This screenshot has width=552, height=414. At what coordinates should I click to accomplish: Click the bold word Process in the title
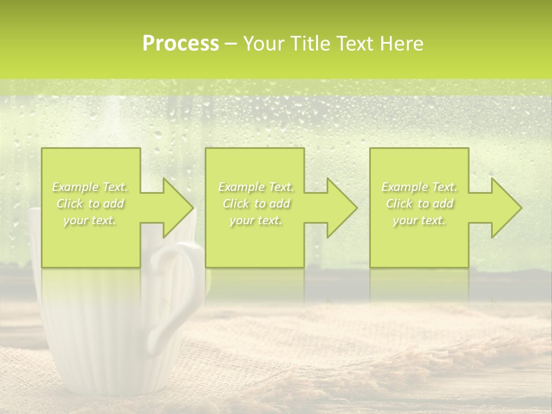point(181,44)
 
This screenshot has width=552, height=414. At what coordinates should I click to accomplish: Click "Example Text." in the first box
point(90,187)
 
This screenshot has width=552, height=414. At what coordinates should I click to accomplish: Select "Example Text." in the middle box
point(256,187)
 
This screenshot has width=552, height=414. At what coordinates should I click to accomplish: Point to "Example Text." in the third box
point(419,187)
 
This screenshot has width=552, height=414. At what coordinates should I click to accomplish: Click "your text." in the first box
point(90,220)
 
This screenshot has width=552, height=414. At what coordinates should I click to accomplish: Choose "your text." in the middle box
point(255,220)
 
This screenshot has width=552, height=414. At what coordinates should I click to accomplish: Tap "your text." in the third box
point(419,220)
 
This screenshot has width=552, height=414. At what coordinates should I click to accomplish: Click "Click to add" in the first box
point(90,204)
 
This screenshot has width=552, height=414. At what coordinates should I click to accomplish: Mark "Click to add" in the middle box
point(256,204)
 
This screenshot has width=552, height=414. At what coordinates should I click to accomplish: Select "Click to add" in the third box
point(419,204)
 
